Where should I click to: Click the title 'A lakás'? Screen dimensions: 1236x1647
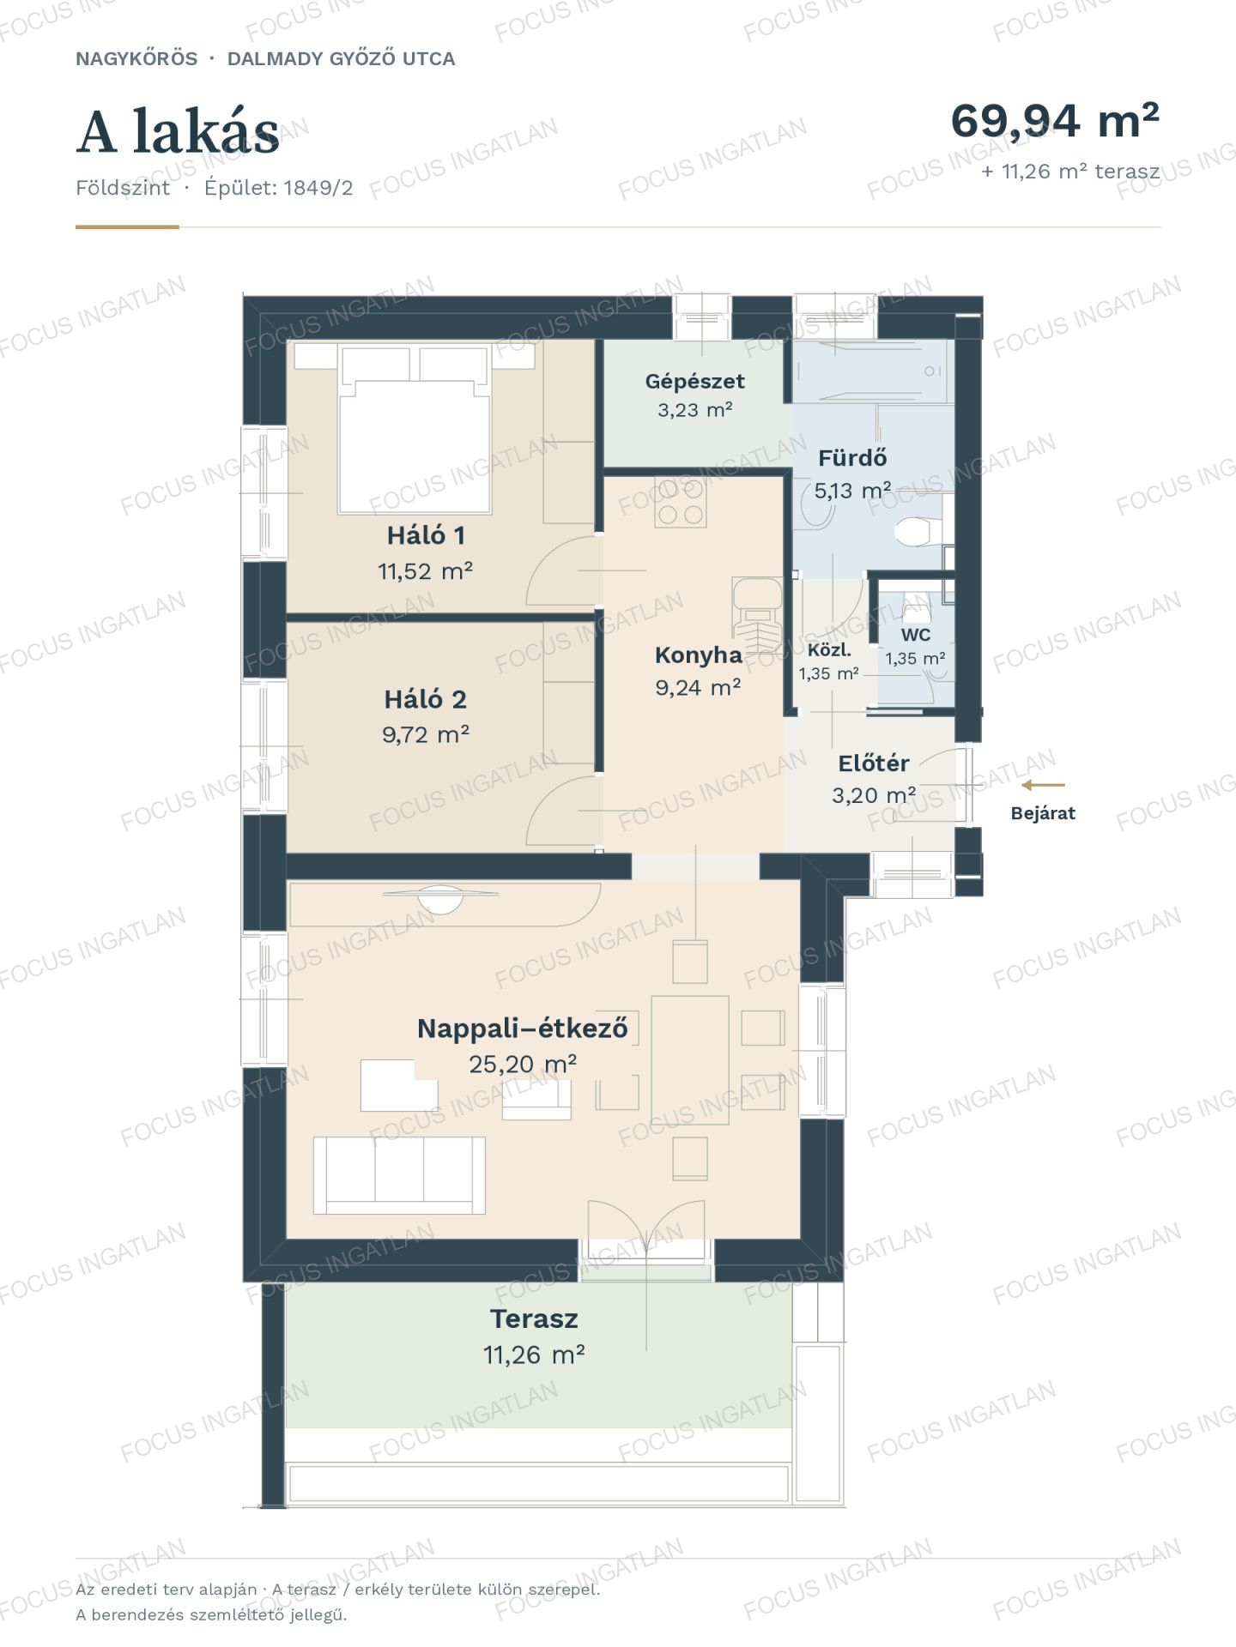(178, 132)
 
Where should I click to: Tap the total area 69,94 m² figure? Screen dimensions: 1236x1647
(1055, 120)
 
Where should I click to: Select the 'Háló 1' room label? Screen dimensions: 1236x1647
(426, 535)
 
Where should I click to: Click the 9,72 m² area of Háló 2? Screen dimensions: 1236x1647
(426, 734)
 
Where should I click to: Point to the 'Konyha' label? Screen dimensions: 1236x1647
(698, 655)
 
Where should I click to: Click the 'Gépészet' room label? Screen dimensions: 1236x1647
(694, 381)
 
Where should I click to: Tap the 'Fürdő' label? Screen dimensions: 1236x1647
(852, 457)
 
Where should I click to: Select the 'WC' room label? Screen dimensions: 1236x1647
(916, 635)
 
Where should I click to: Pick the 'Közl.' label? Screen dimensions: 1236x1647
(829, 650)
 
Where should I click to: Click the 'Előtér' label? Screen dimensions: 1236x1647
(874, 763)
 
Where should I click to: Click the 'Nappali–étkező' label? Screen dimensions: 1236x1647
(522, 1028)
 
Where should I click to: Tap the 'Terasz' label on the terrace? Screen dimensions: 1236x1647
(534, 1318)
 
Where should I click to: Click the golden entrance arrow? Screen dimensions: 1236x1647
(1043, 785)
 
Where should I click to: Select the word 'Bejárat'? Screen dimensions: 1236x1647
(1043, 813)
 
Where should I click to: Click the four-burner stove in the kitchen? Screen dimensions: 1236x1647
(681, 502)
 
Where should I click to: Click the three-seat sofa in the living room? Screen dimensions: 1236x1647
(399, 1175)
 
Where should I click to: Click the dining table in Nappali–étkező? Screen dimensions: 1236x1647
(690, 1060)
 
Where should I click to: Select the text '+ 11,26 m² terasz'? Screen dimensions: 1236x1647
(1070, 172)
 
